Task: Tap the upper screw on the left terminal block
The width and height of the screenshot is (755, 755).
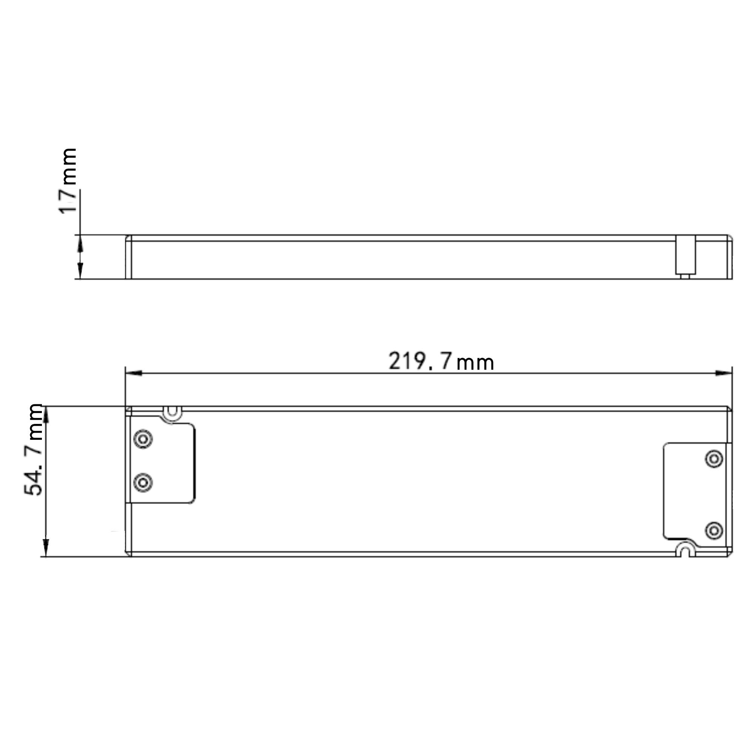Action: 143,439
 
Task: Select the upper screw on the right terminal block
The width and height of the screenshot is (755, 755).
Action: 713,458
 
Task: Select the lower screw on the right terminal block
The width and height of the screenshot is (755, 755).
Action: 713,530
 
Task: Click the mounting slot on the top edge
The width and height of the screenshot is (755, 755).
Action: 172,413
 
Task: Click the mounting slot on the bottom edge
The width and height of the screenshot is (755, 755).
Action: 685,549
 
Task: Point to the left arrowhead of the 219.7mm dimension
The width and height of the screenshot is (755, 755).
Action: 133,373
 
